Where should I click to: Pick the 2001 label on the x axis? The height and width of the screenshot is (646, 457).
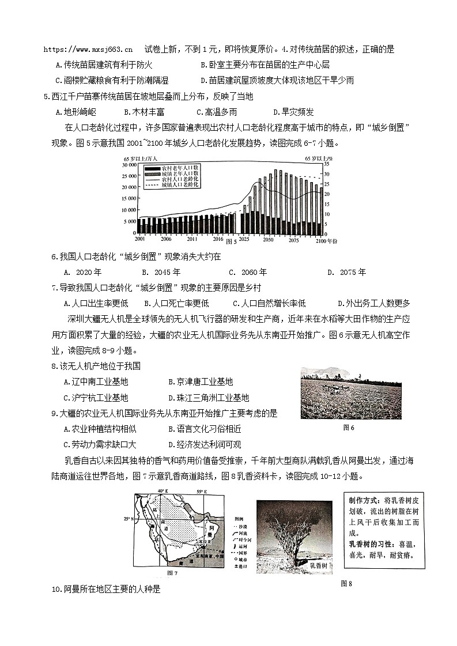[x=139, y=239]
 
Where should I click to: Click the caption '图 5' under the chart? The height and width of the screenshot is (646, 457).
[x=231, y=240]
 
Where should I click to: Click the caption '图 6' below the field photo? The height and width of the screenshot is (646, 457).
[x=349, y=427]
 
